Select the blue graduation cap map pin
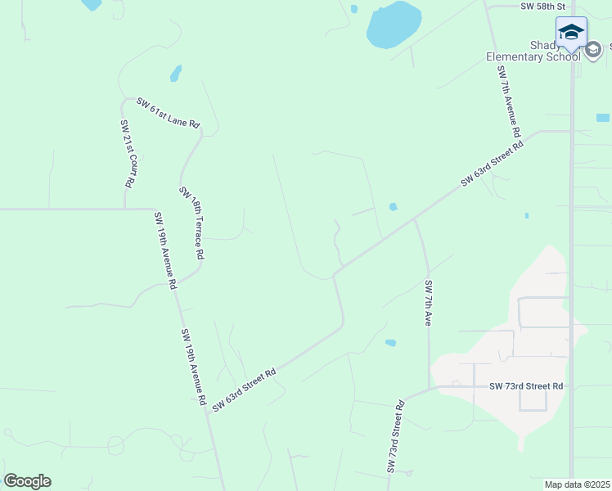[571, 34]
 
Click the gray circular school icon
[593, 50]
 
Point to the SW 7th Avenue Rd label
[508, 101]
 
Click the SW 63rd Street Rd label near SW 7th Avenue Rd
[492, 164]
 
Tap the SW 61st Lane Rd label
[169, 112]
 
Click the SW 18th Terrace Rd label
[191, 223]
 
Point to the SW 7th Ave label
[427, 304]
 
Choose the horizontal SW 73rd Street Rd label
[527, 386]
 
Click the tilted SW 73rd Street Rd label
[395, 437]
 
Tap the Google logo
[28, 481]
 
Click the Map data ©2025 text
[578, 484]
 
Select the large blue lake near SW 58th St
[394, 25]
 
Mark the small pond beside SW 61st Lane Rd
[175, 74]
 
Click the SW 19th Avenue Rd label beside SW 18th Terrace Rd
[164, 251]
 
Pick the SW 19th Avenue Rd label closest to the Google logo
[192, 367]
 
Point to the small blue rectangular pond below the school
[603, 118]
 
